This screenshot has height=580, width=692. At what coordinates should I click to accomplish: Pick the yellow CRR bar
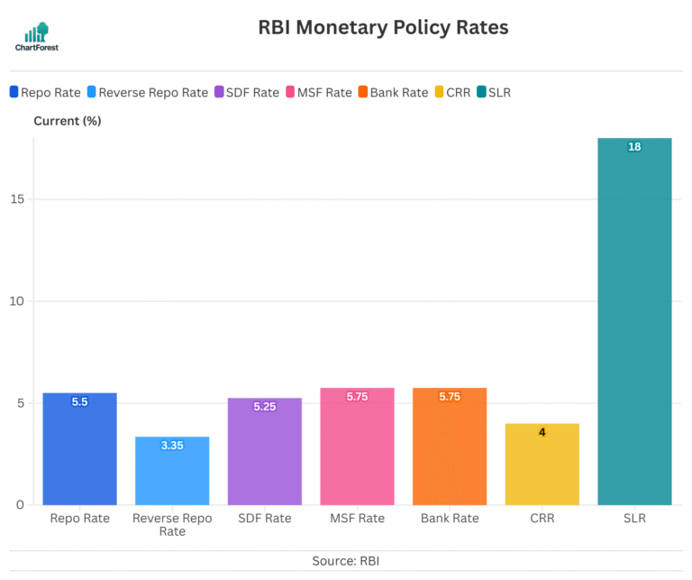542,464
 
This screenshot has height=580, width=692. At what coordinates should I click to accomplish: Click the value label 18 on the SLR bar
634,147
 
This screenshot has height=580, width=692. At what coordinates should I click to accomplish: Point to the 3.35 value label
172,446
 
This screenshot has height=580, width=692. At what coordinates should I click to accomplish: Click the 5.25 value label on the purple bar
265,407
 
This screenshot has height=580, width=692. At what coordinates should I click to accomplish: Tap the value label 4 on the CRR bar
542,432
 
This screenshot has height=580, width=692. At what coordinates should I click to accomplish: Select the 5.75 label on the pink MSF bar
357,397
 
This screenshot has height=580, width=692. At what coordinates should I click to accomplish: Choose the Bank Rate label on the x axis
450,519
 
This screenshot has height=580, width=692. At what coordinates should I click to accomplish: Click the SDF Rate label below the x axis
265,519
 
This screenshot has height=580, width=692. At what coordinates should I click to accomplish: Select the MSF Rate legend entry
318,92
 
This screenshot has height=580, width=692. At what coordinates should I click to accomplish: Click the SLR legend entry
493,92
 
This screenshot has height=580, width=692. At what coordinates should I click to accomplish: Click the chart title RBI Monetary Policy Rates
384,28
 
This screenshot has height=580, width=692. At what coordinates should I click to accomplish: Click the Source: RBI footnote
346,561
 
